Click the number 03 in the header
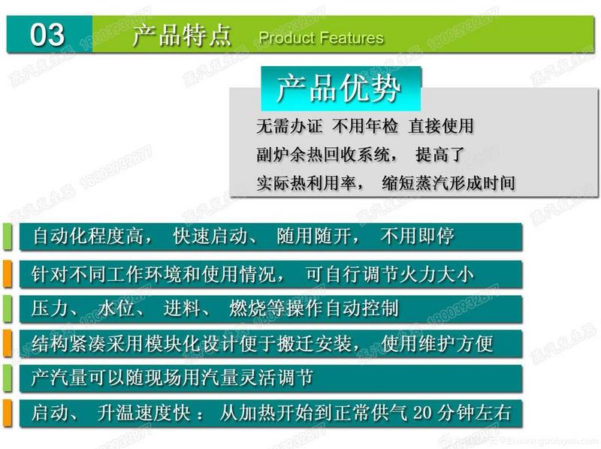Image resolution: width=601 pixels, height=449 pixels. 47,35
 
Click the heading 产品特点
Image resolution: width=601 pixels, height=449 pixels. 180,35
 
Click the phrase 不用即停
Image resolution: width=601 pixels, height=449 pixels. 417,237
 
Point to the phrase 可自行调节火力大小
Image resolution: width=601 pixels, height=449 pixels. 391,274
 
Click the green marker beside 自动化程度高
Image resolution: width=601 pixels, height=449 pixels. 6,236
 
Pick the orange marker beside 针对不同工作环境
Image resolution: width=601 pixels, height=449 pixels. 6,273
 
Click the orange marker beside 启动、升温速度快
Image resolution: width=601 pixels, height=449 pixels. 6,413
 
